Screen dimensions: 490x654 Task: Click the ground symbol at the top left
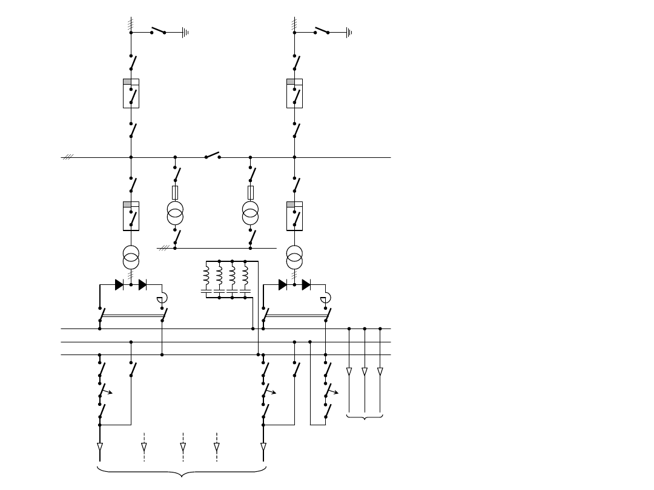pos(186,33)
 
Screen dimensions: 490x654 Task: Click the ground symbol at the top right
pos(349,33)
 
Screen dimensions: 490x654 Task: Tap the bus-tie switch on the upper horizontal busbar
pos(213,155)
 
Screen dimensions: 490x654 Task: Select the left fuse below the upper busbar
pos(175,193)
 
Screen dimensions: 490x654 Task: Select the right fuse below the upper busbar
pos(250,193)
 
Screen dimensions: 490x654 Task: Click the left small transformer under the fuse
pos(175,213)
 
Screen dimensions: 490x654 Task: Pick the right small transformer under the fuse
pos(250,213)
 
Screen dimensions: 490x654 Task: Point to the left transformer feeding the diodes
pos(131,257)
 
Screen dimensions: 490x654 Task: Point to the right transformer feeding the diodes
pos(294,257)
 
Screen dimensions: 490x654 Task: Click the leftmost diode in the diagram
pos(119,284)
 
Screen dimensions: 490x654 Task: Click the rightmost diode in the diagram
pos(306,284)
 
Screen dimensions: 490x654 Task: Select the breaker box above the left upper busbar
pos(131,93)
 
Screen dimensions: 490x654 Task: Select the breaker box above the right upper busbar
pos(294,93)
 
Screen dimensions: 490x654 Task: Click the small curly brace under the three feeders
pos(365,417)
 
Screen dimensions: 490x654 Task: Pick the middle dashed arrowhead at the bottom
pos(183,448)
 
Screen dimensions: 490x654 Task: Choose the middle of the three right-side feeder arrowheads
pos(365,371)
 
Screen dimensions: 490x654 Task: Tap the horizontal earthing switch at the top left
pos(158,30)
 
